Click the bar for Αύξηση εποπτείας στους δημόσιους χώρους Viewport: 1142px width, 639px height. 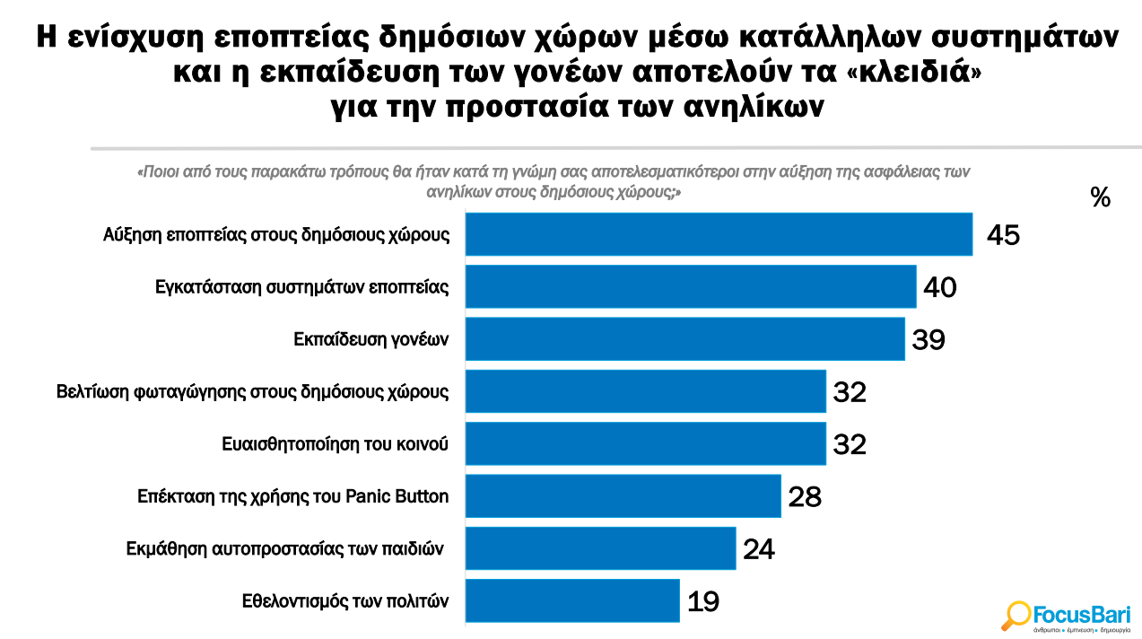(x=718, y=234)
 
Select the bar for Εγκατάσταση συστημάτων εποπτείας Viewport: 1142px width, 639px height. (x=690, y=286)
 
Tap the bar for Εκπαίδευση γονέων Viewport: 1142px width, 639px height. (x=684, y=339)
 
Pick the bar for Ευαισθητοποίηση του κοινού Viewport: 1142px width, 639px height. (x=645, y=443)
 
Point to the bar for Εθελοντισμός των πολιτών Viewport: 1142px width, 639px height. (x=571, y=600)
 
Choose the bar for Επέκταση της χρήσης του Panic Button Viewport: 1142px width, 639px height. (x=623, y=495)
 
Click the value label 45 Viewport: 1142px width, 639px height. (x=1003, y=235)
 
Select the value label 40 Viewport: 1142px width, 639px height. (x=940, y=287)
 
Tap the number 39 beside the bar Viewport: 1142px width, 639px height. (x=928, y=339)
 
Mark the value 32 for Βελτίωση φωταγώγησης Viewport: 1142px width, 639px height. (x=850, y=392)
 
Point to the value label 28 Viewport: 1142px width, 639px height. (x=805, y=496)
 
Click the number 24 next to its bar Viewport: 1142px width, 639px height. (x=758, y=548)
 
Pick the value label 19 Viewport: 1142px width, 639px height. (x=702, y=601)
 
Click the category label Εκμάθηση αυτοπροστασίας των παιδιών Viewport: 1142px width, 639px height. (x=285, y=548)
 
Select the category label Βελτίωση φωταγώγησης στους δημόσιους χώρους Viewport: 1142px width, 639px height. (x=252, y=391)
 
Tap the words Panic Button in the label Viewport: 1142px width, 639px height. (x=397, y=496)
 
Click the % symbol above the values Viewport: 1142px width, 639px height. (x=1100, y=197)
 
